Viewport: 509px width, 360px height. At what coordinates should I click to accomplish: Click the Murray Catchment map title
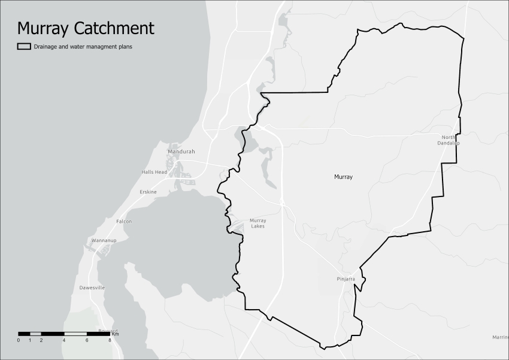tap(85, 28)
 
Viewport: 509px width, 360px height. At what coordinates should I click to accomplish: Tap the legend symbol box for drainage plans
tap(24, 46)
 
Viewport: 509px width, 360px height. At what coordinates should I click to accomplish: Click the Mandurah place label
tap(181, 152)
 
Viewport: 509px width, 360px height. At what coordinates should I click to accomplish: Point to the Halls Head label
tap(154, 172)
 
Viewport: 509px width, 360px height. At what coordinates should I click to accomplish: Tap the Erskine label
tap(148, 192)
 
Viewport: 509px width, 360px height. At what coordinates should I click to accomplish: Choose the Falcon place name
tap(124, 222)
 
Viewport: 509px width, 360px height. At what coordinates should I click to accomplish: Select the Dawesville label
tap(92, 288)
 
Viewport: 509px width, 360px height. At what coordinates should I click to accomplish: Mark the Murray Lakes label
tap(258, 223)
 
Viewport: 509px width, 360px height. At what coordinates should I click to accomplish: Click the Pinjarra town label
tap(346, 279)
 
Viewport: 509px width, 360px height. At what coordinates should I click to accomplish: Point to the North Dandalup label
tap(449, 140)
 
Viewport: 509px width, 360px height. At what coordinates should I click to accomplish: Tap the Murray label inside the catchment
tap(343, 177)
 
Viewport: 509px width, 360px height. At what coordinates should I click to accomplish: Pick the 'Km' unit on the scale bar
tap(116, 333)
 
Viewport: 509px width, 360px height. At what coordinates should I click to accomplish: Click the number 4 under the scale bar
tap(63, 340)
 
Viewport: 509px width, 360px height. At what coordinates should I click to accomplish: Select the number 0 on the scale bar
tap(19, 340)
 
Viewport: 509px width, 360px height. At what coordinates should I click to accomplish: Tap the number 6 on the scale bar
tap(87, 340)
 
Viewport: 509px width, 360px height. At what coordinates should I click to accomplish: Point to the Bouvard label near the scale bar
tap(108, 331)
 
